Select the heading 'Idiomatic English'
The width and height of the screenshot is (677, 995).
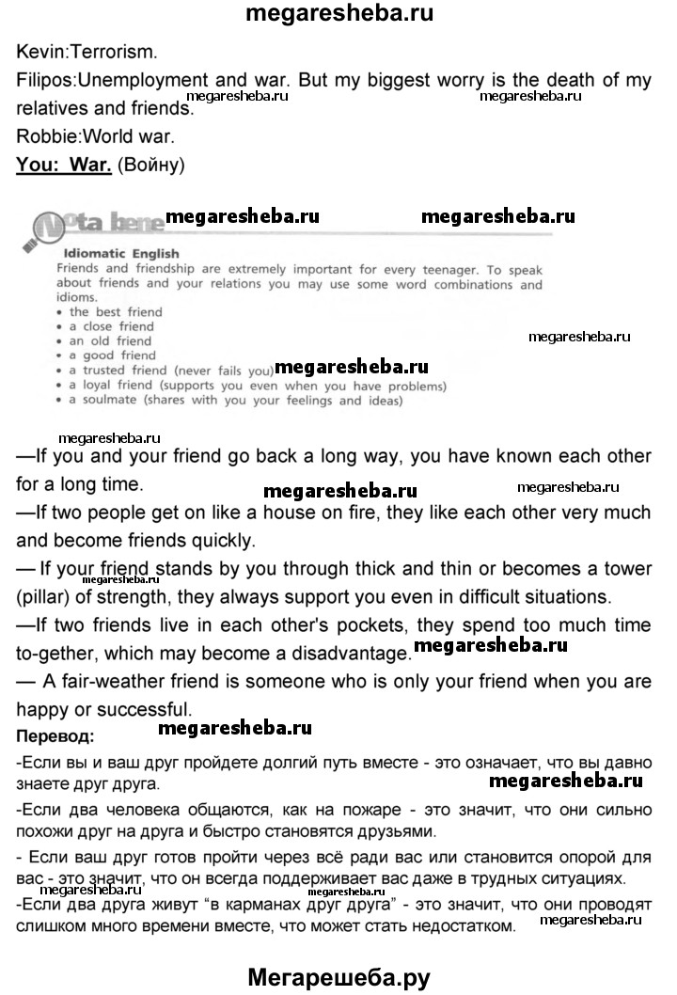121,254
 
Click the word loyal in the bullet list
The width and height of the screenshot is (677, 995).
102,386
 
